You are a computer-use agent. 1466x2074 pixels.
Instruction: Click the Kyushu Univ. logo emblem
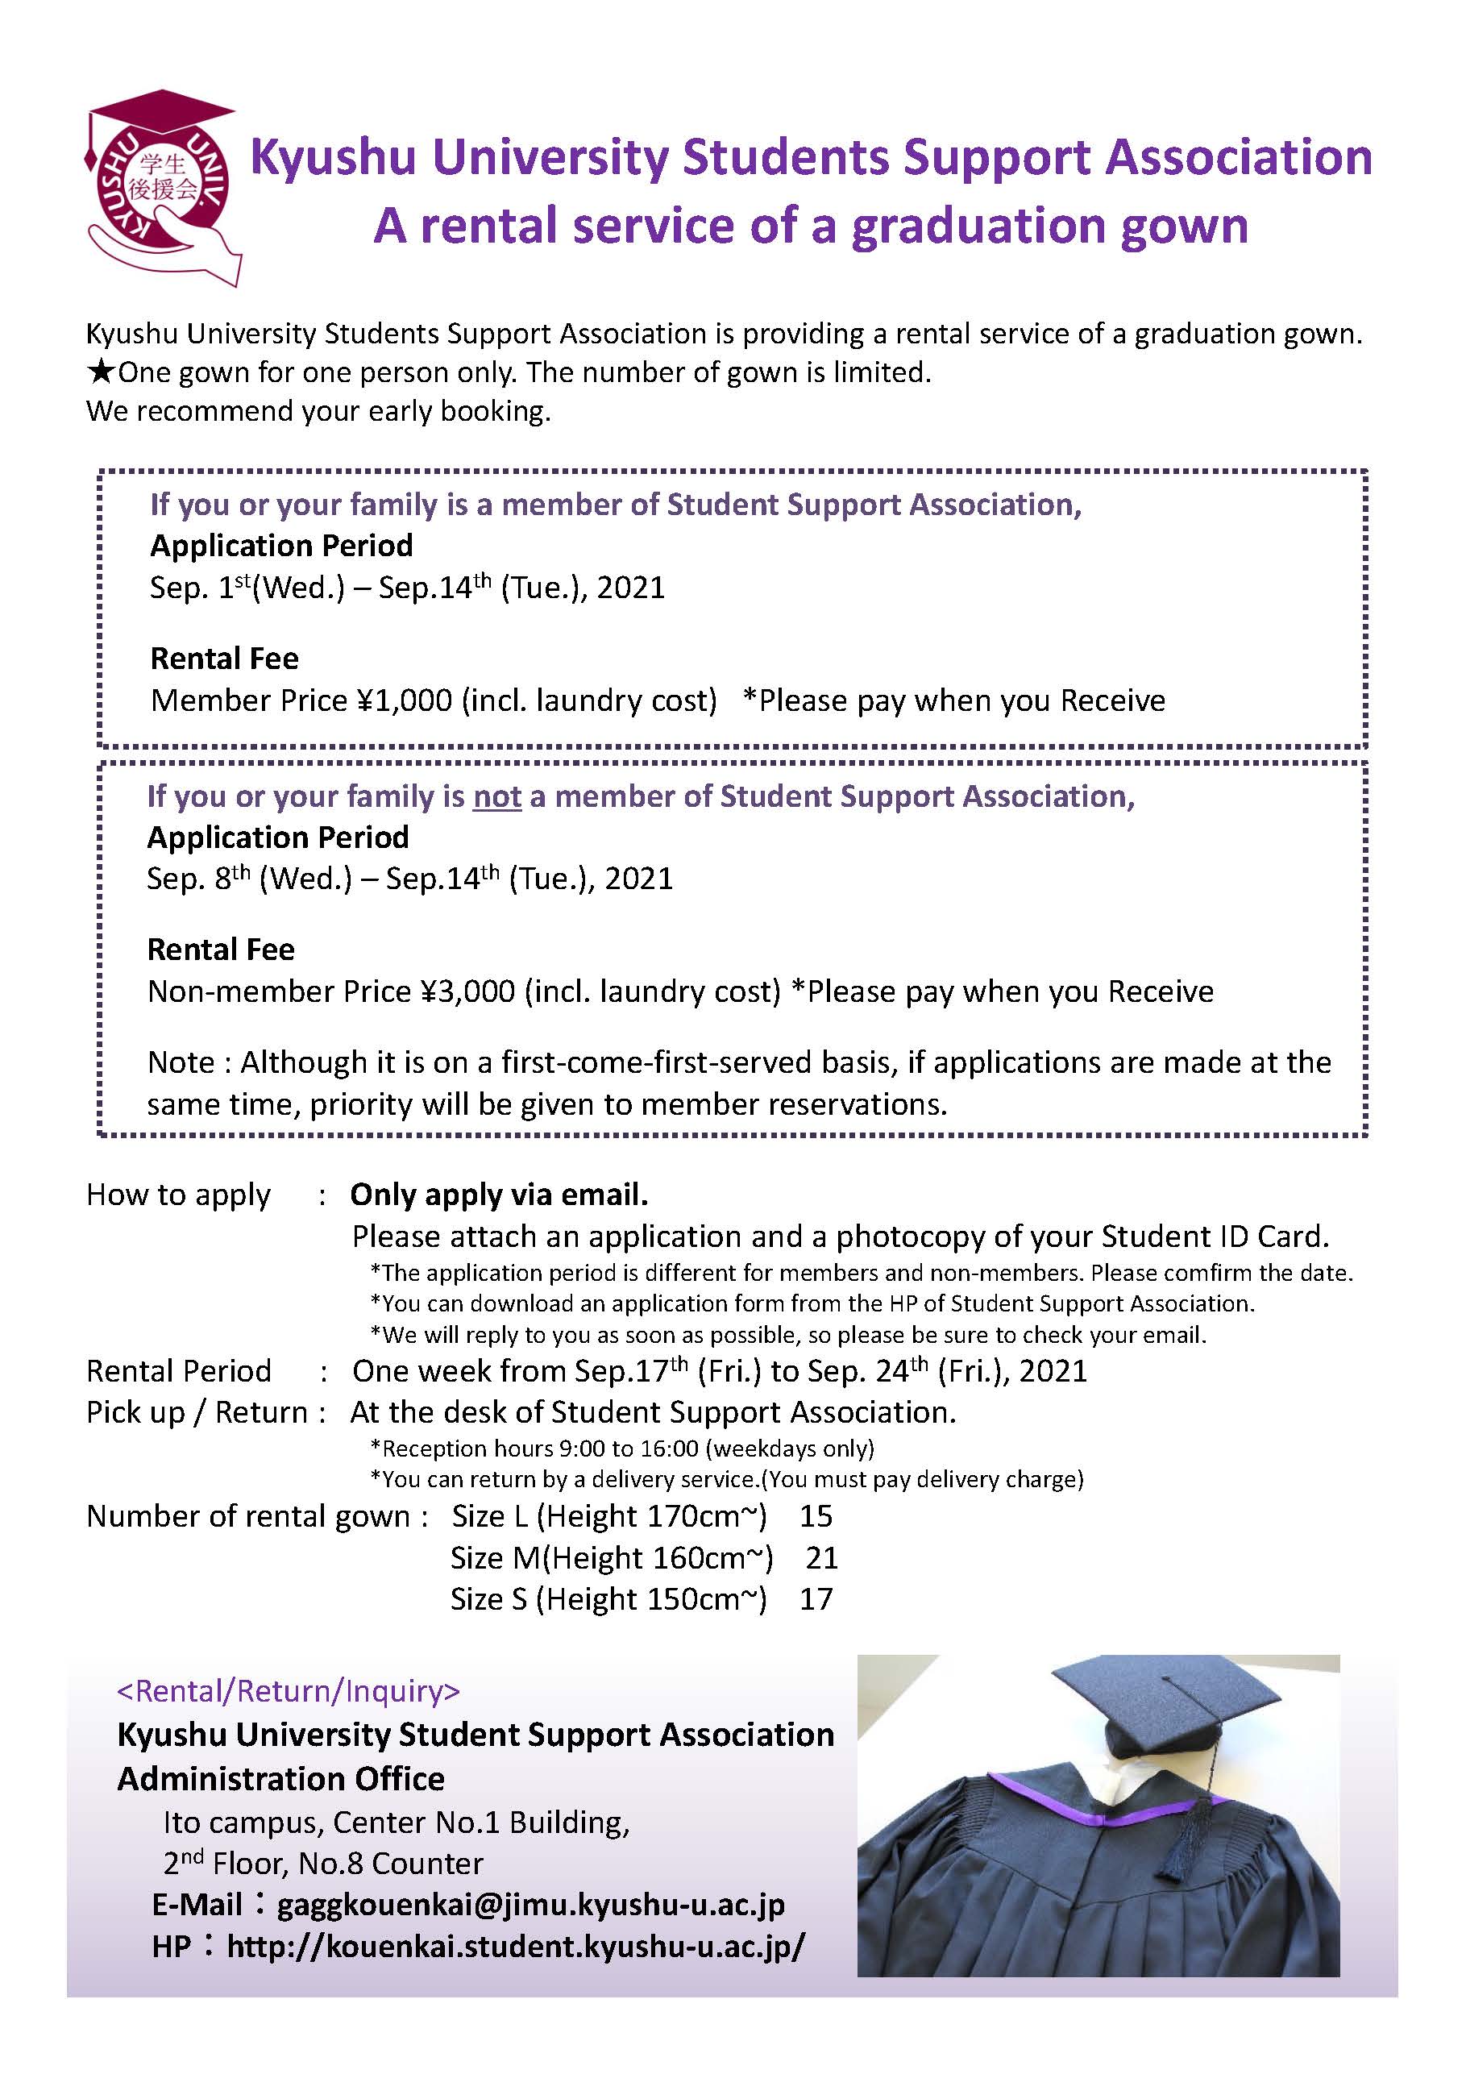pyautogui.click(x=163, y=186)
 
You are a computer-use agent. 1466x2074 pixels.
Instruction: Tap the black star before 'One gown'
pyautogui.click(x=102, y=372)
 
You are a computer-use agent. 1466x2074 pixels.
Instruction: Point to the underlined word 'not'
pyautogui.click(x=496, y=796)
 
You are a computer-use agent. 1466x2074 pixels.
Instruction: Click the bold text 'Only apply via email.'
pyautogui.click(x=499, y=1195)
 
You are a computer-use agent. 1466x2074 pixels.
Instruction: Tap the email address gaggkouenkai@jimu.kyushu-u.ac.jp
pyautogui.click(x=530, y=1904)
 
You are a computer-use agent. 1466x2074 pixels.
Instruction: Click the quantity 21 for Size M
pyautogui.click(x=822, y=1557)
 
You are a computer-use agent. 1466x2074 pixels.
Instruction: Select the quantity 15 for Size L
pyautogui.click(x=816, y=1515)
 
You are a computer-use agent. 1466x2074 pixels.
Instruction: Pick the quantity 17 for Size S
pyautogui.click(x=816, y=1599)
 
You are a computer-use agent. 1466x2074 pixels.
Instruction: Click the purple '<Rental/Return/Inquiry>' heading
pyautogui.click(x=289, y=1690)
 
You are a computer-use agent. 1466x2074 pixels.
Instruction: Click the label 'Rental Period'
pyautogui.click(x=178, y=1371)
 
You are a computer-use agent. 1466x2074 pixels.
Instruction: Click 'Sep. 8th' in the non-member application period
pyautogui.click(x=199, y=879)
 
